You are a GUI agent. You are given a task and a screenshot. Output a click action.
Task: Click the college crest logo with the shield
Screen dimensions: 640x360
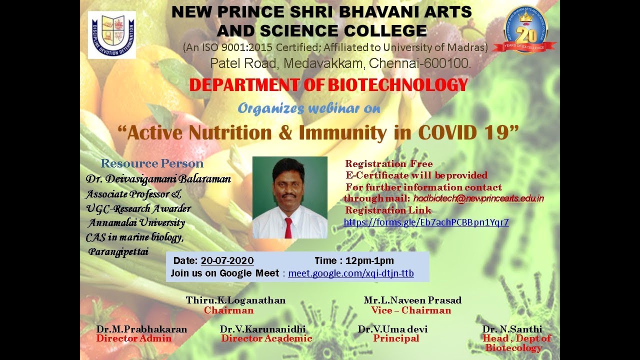pos(112,35)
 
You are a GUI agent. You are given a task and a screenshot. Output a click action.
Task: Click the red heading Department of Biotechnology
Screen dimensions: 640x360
pos(328,85)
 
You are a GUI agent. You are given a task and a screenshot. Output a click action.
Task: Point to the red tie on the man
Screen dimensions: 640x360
pos(288,227)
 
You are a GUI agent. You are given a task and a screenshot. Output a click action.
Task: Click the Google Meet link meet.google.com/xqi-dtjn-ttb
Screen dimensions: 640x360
pos(351,273)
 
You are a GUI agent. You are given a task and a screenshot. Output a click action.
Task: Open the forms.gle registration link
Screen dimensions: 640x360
pos(426,222)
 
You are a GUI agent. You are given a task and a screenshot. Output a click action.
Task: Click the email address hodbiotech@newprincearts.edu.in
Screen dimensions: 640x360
pos(478,198)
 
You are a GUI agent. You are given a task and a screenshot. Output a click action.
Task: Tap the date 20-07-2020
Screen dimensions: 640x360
pos(227,261)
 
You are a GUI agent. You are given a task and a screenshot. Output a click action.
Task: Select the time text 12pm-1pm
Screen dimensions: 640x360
pos(369,261)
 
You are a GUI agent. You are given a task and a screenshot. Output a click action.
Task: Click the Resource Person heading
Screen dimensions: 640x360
pos(152,163)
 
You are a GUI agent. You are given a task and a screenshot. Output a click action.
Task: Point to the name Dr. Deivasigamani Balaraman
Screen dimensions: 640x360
pos(158,179)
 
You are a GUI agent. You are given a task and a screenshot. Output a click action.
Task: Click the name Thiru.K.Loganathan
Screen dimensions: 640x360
pos(235,300)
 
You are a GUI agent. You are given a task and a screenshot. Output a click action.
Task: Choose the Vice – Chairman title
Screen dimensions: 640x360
pos(411,310)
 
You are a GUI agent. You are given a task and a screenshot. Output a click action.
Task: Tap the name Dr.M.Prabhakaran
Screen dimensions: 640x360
pos(141,329)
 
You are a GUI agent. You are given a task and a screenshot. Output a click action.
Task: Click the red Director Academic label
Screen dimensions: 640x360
pos(266,338)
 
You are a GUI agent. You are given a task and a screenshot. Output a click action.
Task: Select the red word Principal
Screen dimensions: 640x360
pos(396,338)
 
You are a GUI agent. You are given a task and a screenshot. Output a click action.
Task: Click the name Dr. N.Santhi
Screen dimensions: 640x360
pos(512,329)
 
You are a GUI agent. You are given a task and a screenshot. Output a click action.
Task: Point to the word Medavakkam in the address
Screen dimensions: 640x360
pos(323,63)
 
